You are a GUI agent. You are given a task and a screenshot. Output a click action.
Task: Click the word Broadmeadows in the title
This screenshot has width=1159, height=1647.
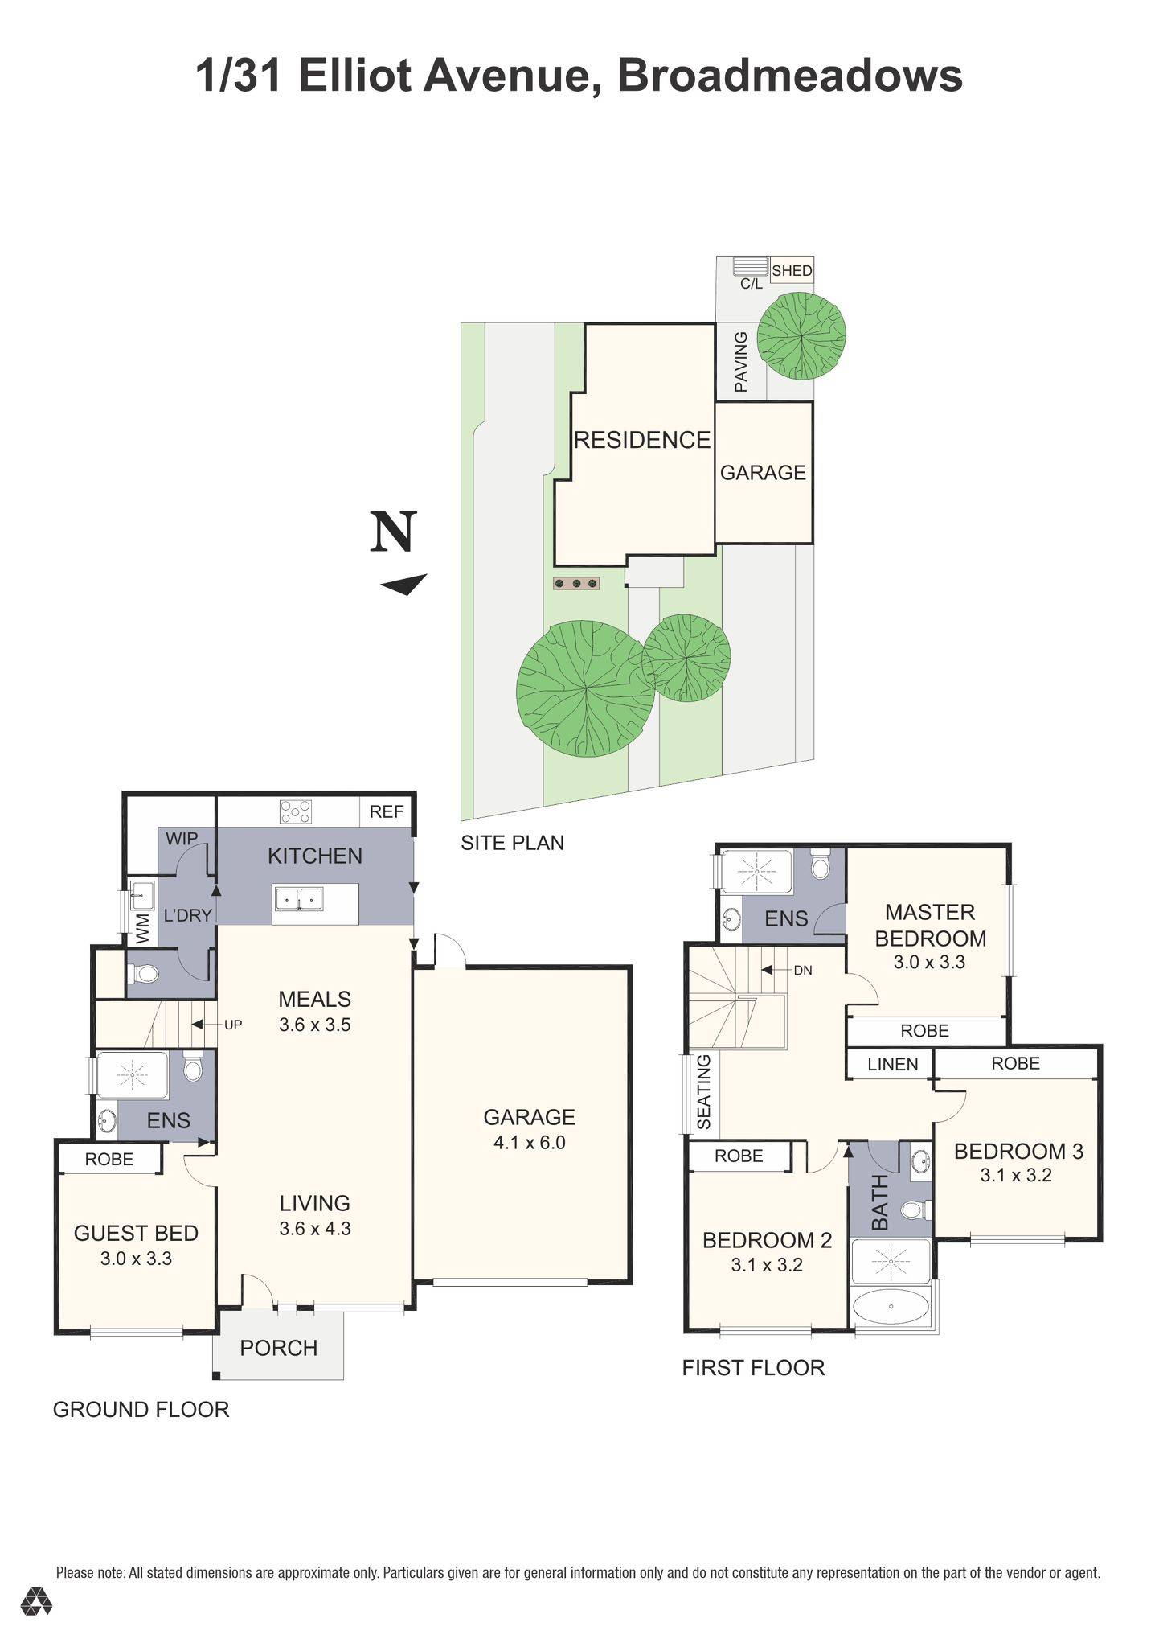tap(789, 76)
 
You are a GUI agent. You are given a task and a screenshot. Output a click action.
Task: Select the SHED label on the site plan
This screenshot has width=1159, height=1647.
tap(792, 271)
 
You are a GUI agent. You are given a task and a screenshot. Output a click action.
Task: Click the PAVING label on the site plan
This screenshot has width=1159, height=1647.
tap(741, 362)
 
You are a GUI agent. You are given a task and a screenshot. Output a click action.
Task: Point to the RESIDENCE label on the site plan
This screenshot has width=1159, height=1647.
tap(641, 440)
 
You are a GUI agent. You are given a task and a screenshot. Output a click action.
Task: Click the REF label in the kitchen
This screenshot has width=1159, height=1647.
tap(386, 811)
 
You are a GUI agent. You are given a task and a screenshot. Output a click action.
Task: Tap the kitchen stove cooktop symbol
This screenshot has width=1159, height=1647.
tap(295, 811)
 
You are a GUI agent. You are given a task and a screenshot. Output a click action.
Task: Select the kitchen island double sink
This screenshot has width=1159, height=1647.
tap(298, 898)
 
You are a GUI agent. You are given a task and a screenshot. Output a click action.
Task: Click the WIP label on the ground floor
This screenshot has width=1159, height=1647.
tap(182, 839)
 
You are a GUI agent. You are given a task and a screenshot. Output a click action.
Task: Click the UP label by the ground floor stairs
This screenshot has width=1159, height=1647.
tap(233, 1025)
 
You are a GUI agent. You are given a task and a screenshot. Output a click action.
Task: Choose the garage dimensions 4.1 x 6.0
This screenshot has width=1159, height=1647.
tap(529, 1143)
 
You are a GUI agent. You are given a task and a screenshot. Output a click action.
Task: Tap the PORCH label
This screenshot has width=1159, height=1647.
tap(278, 1348)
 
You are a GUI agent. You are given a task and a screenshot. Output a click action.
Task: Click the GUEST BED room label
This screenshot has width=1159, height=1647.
tap(136, 1233)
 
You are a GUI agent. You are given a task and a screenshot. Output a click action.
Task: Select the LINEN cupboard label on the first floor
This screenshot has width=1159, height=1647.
tap(892, 1064)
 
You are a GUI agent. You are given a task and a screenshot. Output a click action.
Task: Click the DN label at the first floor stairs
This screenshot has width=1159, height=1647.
tap(802, 970)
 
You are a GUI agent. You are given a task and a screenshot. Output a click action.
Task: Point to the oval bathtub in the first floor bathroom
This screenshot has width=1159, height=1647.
tap(890, 1308)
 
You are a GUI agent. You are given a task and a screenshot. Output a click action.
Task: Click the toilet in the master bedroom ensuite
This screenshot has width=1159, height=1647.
tap(820, 865)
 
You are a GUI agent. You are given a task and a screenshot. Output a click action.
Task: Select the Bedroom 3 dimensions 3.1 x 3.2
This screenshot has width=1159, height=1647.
tap(1015, 1175)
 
